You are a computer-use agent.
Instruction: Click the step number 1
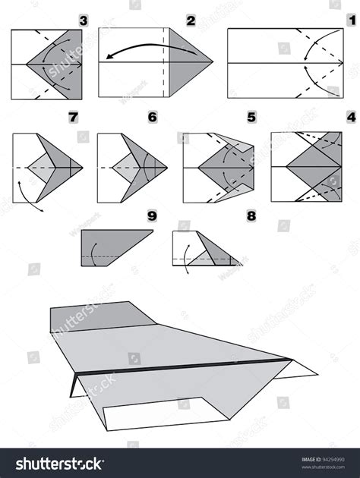point(351,19)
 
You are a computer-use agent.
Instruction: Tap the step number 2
point(191,19)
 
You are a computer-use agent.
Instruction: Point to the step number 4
point(350,118)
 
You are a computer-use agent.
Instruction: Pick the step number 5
point(251,118)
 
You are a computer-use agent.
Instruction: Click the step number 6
point(152,118)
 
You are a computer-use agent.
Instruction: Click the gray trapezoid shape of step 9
point(110,247)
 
